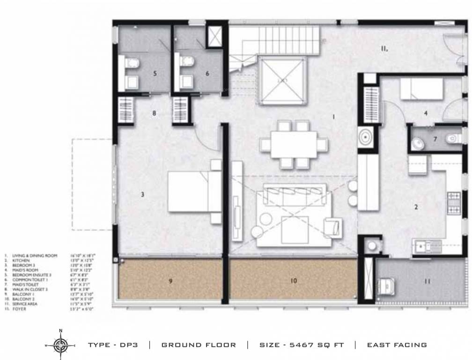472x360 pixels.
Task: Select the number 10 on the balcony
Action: pos(294,281)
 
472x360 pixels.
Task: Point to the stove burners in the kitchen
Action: pos(454,202)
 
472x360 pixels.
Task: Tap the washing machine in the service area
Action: pos(387,283)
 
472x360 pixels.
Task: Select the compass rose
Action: pos(60,345)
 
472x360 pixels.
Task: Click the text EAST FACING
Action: pos(397,345)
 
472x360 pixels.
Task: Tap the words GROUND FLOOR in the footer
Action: pos(199,345)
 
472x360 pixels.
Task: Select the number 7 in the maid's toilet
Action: pos(435,139)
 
